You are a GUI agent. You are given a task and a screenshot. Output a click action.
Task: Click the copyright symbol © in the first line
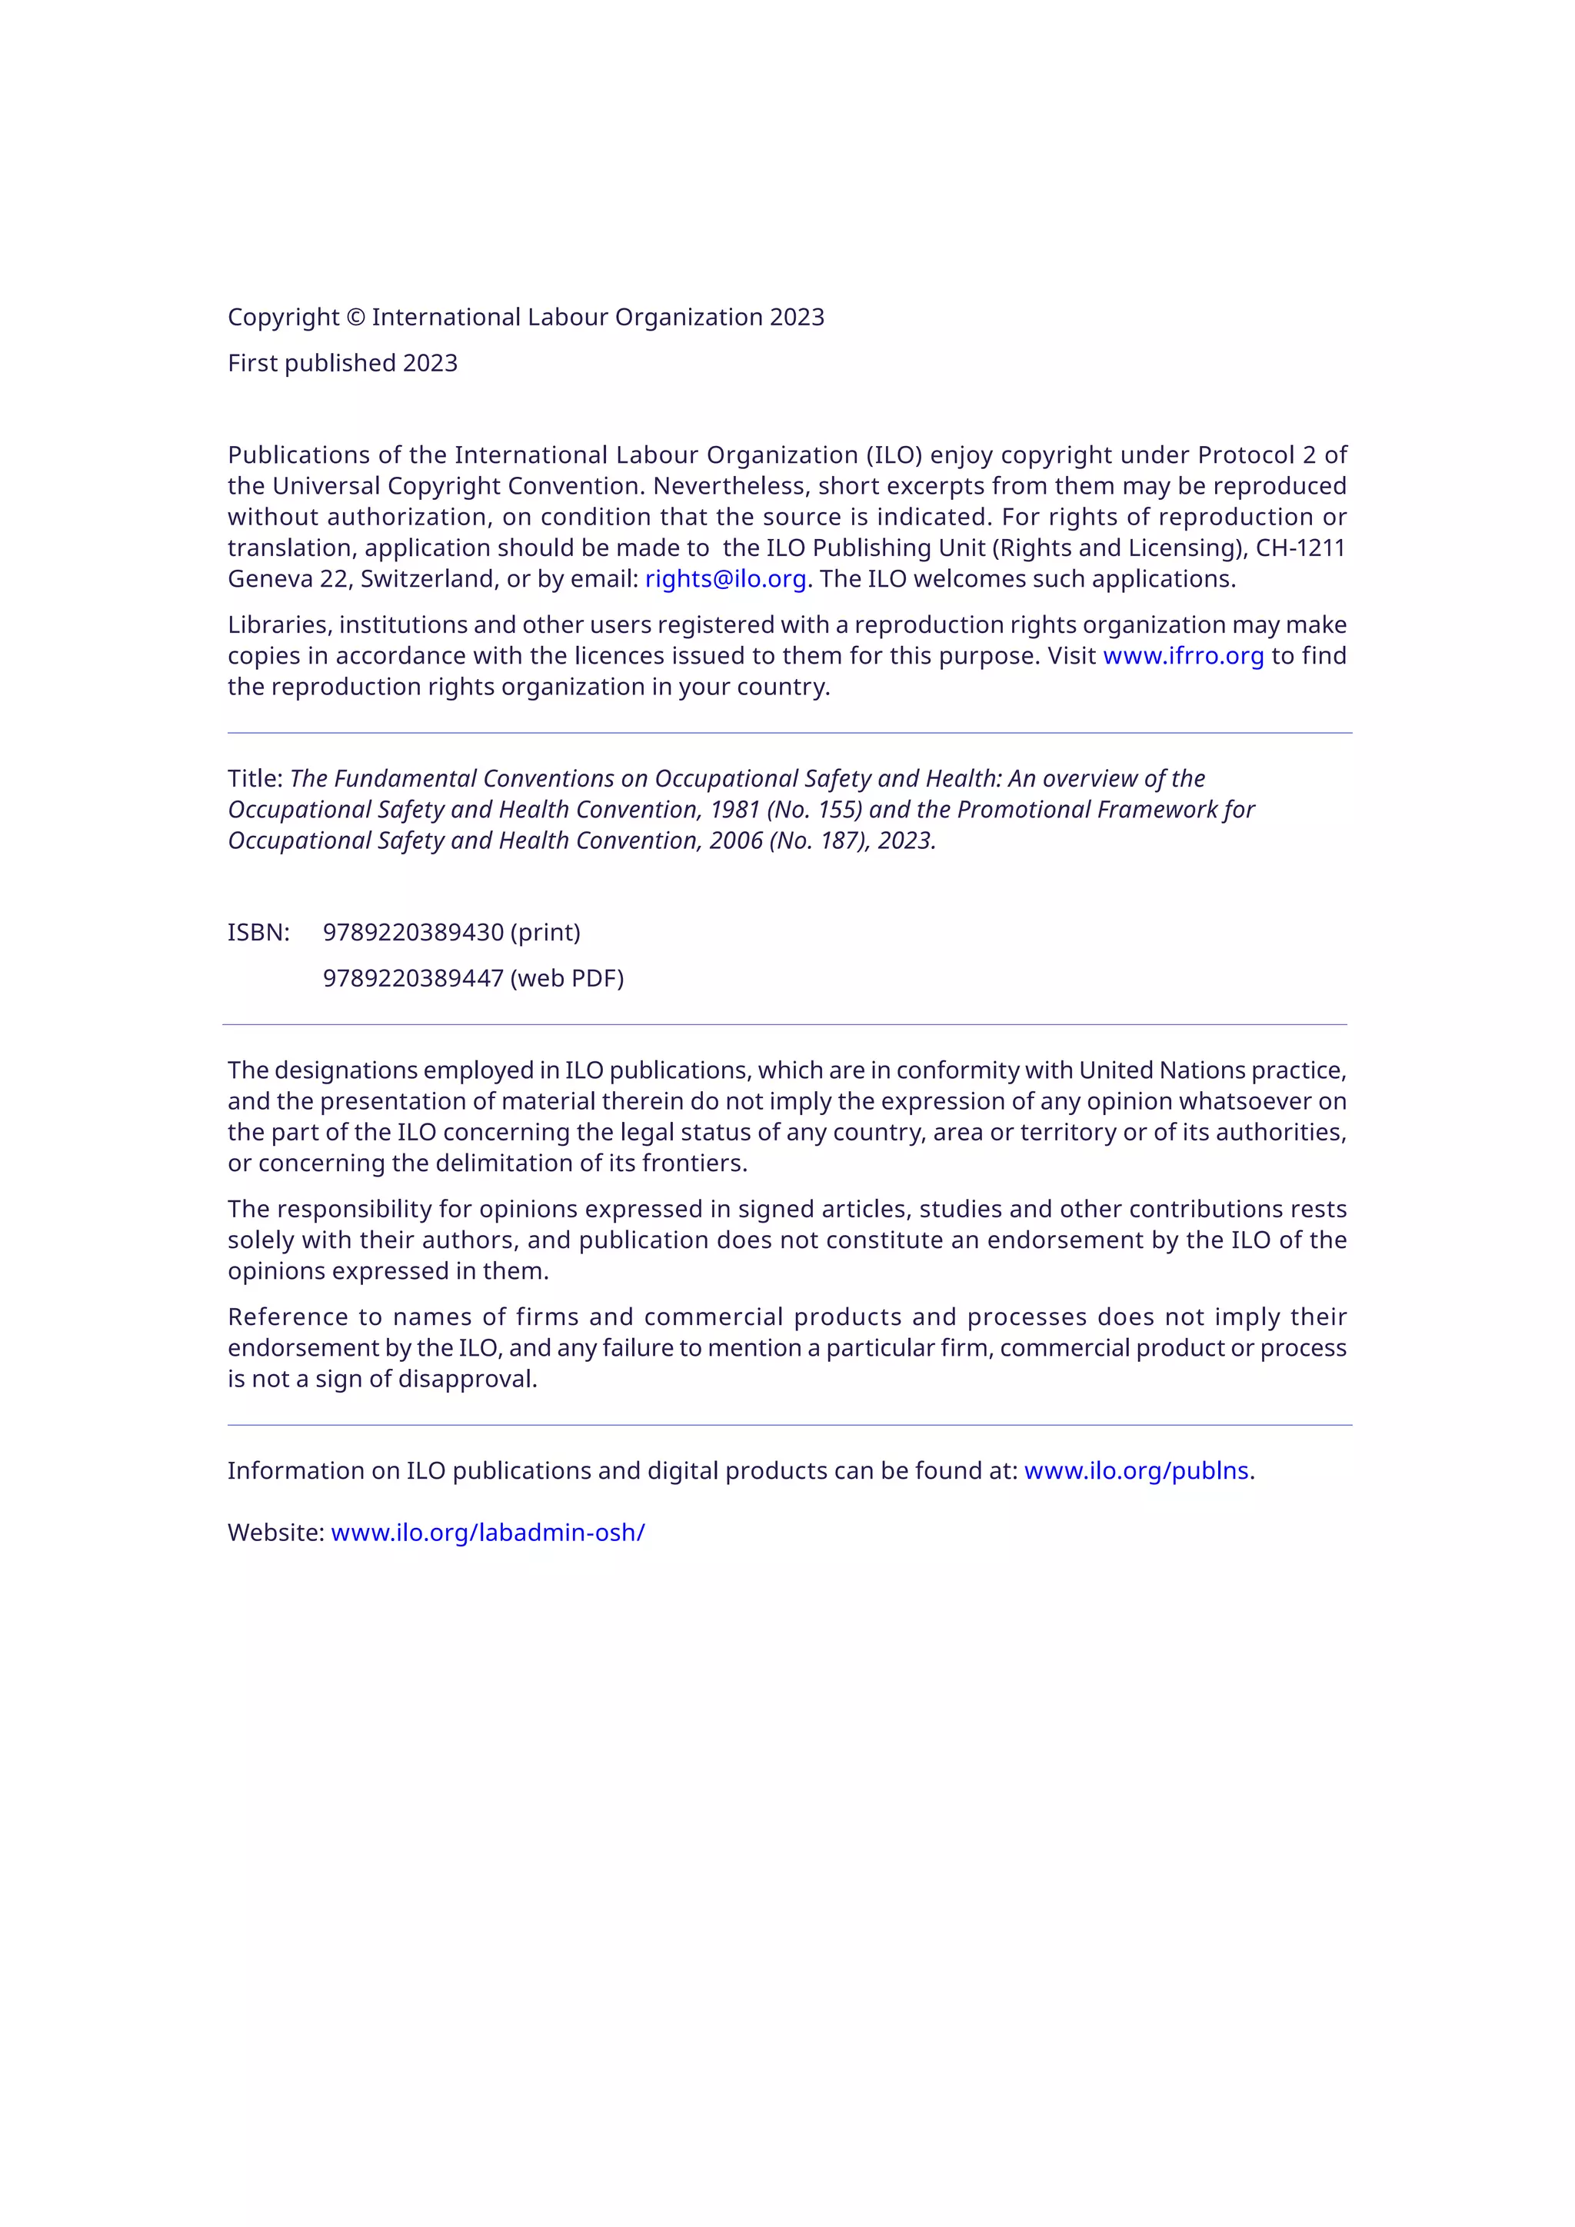[355, 317]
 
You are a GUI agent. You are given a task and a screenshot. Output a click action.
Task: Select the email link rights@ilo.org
[725, 579]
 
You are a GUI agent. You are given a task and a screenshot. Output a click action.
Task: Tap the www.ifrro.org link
[1184, 656]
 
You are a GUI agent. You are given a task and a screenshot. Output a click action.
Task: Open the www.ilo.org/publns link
[1136, 1470]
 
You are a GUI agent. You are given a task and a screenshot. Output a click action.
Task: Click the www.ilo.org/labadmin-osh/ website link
[488, 1533]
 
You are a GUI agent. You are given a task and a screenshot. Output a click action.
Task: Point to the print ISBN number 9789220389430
[413, 932]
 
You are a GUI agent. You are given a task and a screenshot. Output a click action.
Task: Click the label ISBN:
[258, 932]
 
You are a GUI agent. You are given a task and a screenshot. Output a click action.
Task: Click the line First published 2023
[342, 363]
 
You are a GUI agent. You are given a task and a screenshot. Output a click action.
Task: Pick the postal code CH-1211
[1300, 548]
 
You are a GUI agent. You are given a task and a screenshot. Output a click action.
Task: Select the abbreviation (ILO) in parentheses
[893, 455]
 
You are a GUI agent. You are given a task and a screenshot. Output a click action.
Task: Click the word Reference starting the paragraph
[287, 1317]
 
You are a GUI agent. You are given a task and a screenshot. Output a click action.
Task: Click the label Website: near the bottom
[275, 1533]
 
